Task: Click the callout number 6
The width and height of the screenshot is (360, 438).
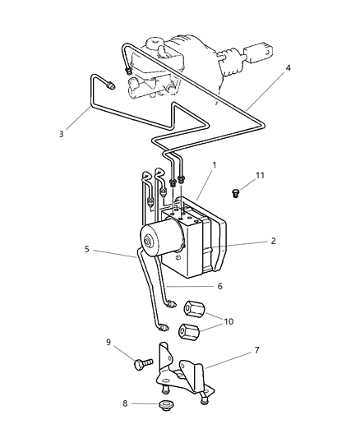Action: pos(219,286)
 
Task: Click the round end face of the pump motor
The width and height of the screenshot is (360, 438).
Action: pos(151,242)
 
